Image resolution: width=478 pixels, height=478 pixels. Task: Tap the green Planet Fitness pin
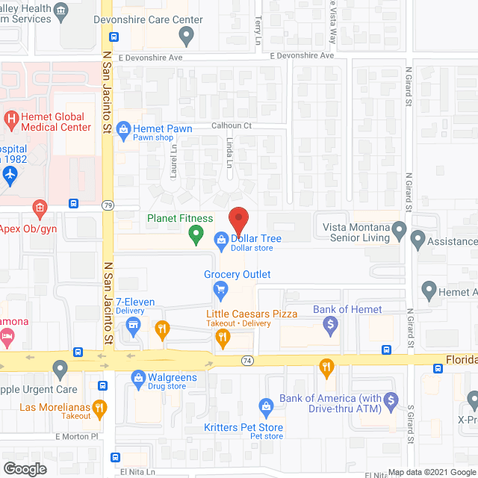pos(196,236)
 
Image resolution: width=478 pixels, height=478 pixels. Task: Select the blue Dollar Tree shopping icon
pos(221,239)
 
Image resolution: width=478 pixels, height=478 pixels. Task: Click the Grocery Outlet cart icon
pos(220,288)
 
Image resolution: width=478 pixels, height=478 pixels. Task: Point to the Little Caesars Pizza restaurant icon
pos(222,338)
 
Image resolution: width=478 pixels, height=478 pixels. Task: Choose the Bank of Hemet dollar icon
pos(330,324)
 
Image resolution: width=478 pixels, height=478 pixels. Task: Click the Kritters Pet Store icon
pos(264,407)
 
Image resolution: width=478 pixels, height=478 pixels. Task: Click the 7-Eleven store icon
pos(134,324)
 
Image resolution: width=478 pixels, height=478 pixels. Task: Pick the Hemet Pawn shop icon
pos(123,129)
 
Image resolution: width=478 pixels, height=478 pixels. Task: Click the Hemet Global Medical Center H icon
pos(11,118)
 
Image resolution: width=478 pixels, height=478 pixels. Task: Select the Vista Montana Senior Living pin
pos(400,232)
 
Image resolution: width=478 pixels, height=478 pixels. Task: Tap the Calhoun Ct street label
pos(231,125)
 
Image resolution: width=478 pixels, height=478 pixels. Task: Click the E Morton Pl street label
pos(76,436)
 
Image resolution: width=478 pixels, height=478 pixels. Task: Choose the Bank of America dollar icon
pos(389,404)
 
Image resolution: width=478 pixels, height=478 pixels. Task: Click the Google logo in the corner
pos(24,468)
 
